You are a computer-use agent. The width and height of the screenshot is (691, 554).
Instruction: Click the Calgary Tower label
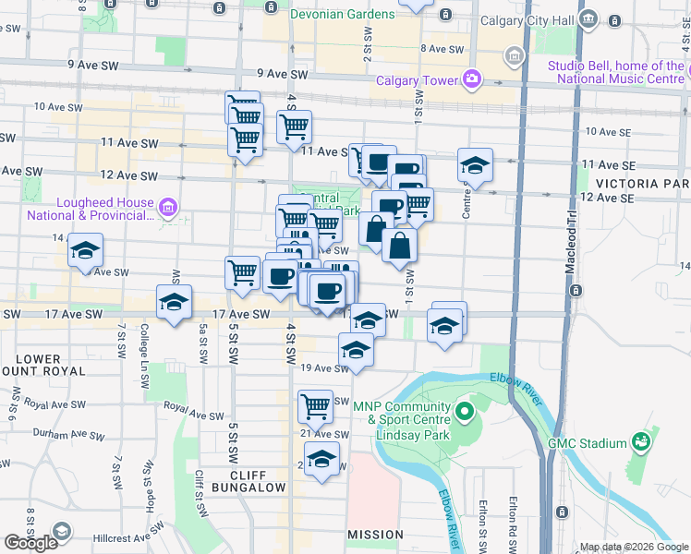pyautogui.click(x=417, y=79)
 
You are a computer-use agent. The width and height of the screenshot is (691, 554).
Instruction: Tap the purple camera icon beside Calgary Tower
pyautogui.click(x=472, y=78)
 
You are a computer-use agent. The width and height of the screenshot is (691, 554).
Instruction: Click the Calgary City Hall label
pyautogui.click(x=542, y=20)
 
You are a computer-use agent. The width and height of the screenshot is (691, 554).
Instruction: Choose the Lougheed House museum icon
pyautogui.click(x=168, y=207)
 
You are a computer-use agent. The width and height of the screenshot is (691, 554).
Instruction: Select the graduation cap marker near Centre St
pyautogui.click(x=475, y=165)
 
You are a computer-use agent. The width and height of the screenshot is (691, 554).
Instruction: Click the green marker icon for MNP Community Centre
pyautogui.click(x=465, y=407)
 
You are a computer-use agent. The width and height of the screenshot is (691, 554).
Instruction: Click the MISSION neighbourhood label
pyautogui.click(x=375, y=535)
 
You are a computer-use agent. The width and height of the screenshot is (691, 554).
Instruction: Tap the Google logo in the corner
pyautogui.click(x=30, y=543)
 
